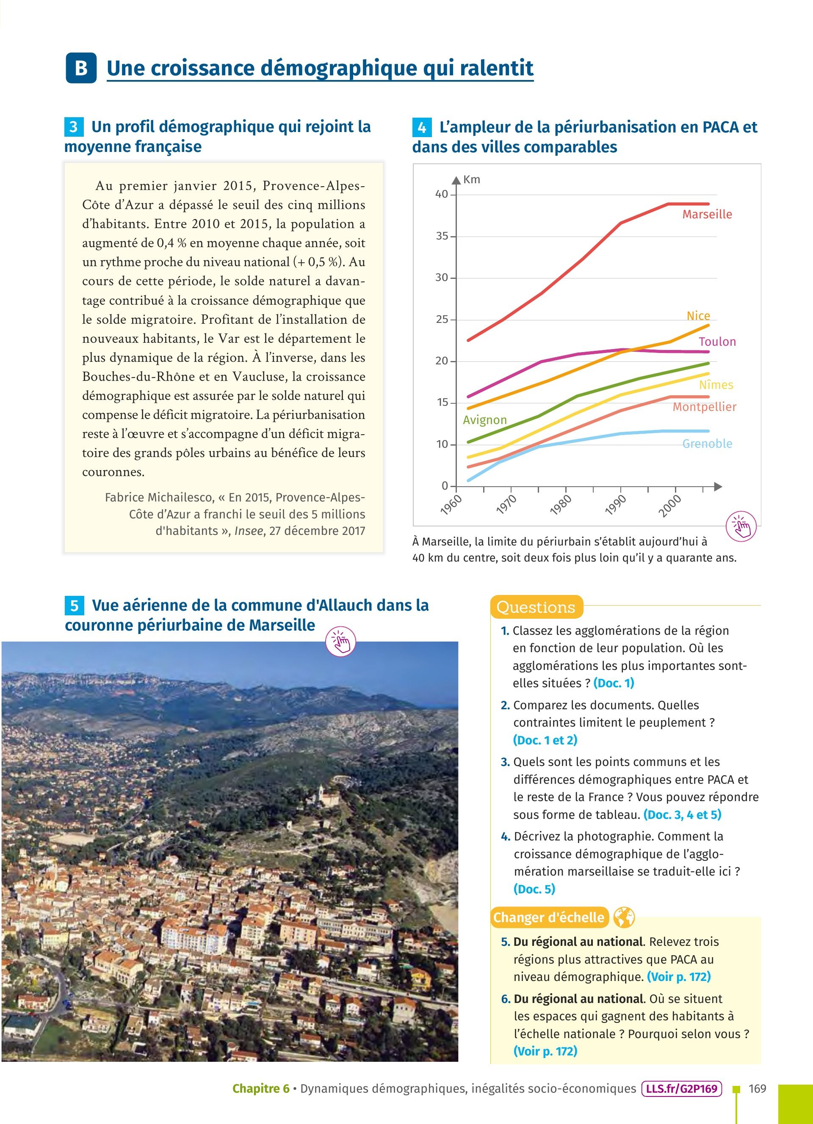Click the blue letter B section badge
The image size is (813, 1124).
tap(81, 68)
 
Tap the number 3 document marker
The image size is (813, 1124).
tap(73, 127)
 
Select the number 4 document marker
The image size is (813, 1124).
tap(421, 127)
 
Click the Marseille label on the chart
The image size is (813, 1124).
tap(707, 214)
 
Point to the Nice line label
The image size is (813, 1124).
tap(698, 316)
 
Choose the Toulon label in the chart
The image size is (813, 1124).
tap(717, 342)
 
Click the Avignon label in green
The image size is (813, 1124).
tap(484, 420)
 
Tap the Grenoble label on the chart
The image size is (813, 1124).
tap(707, 444)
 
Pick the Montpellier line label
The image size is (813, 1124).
tap(704, 407)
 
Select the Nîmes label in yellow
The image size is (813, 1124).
tap(716, 385)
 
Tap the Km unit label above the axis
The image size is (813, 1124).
tap(471, 179)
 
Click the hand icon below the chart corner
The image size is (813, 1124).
tap(741, 526)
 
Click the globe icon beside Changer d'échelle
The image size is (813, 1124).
tap(624, 917)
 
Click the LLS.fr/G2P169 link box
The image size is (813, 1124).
tap(682, 1089)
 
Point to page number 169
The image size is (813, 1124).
tap(757, 1089)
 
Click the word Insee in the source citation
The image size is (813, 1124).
tap(249, 531)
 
